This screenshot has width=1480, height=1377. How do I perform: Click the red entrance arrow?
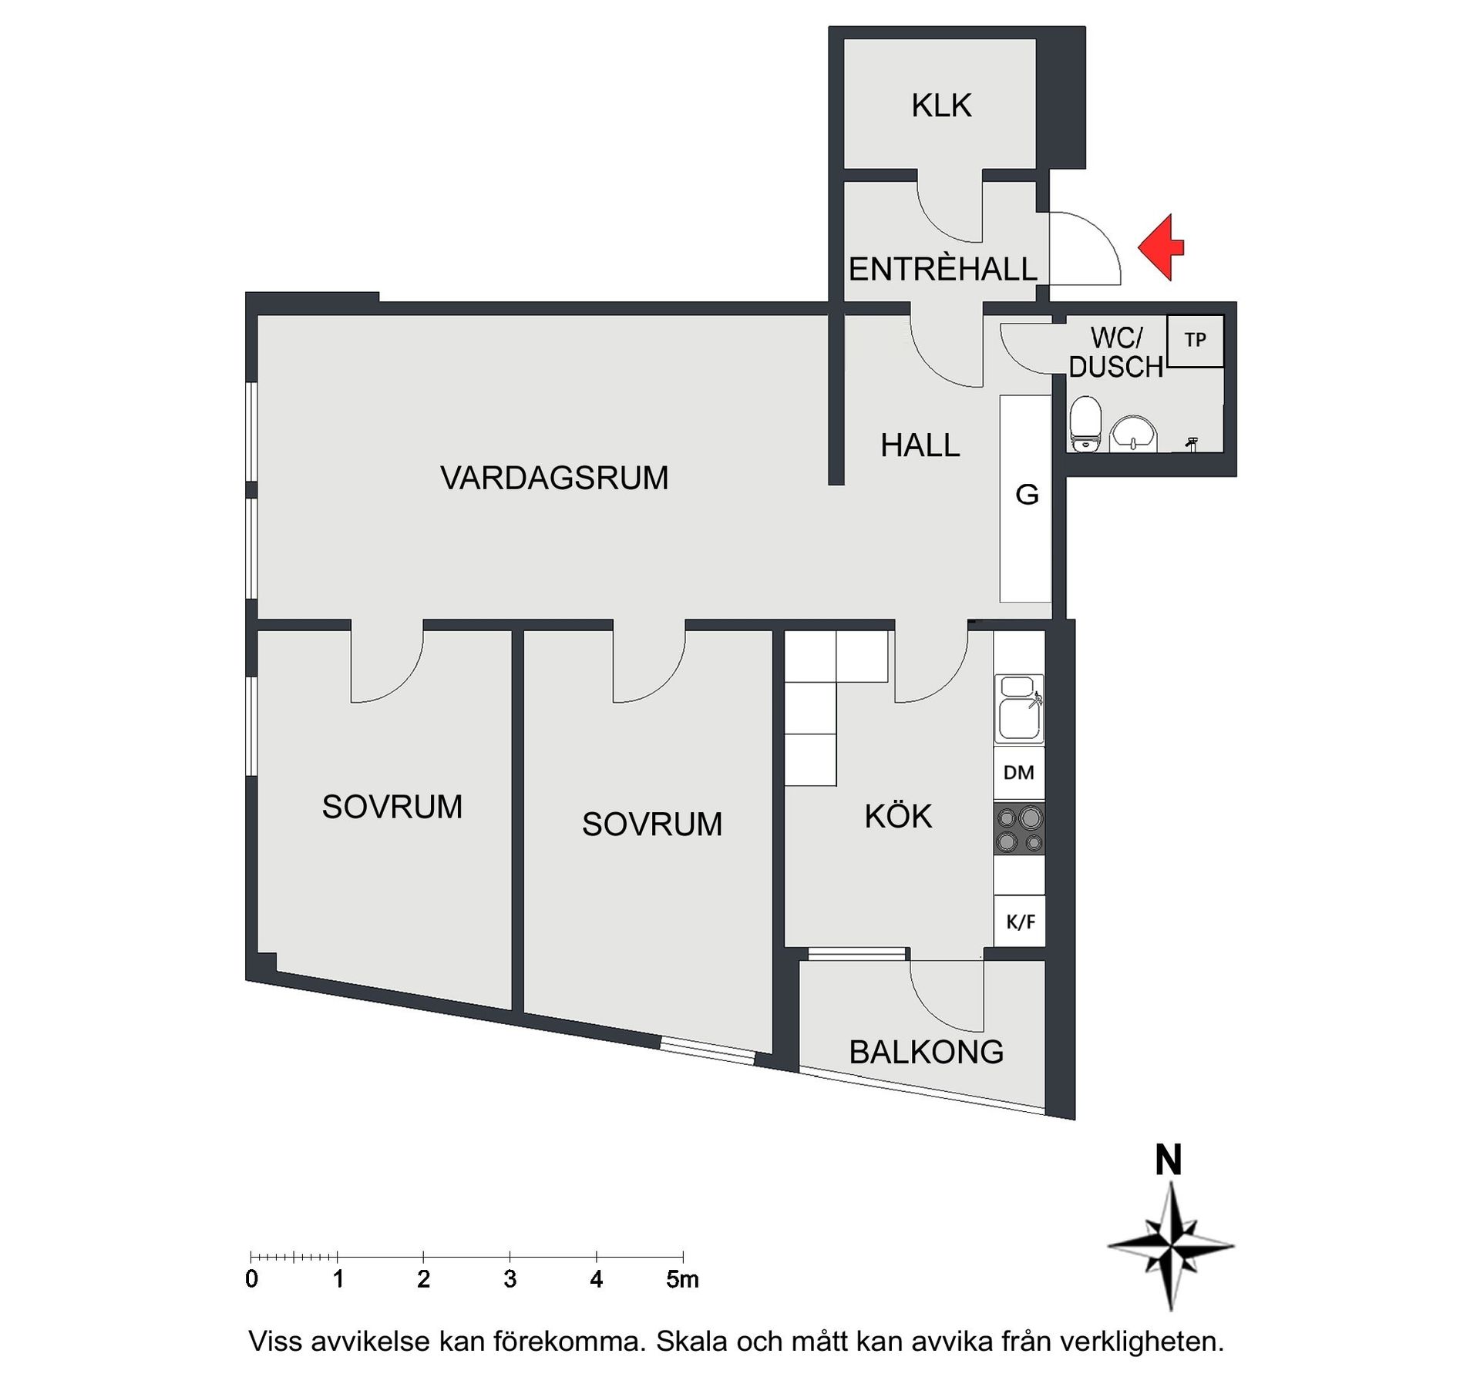[x=1162, y=247]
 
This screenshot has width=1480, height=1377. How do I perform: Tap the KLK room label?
[x=940, y=106]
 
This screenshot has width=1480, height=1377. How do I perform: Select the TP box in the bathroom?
[x=1195, y=340]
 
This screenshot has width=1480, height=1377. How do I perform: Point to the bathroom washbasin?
[x=1133, y=433]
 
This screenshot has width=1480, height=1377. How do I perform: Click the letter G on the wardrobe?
[x=1027, y=494]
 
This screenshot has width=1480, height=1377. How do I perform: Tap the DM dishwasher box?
[x=1018, y=772]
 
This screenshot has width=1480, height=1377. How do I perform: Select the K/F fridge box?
[x=1020, y=921]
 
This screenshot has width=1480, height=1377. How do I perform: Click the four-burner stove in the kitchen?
[x=1018, y=828]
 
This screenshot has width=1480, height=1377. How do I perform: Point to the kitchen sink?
[x=1018, y=709]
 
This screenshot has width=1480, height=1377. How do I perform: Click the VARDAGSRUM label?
[x=554, y=478]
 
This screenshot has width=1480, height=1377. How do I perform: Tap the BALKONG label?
[x=926, y=1052]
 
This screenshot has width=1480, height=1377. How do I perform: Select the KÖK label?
[x=898, y=816]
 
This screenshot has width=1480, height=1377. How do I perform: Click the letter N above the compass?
[x=1169, y=1160]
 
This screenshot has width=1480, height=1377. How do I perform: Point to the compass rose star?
[x=1171, y=1245]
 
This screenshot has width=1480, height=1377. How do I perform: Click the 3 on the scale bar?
[x=510, y=1280]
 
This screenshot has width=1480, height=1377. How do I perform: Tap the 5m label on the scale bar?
[x=681, y=1280]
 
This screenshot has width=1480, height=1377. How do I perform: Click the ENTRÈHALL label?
[x=942, y=269]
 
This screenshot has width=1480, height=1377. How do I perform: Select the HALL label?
[x=920, y=445]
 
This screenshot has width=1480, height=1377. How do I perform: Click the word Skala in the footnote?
[x=691, y=1342]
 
